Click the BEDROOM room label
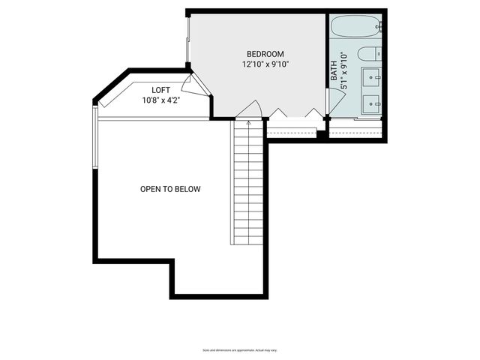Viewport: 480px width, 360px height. click(265, 54)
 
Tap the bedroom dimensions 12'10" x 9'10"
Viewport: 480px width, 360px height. click(265, 64)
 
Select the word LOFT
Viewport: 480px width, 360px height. click(161, 90)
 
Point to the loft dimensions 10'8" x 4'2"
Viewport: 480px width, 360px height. click(161, 100)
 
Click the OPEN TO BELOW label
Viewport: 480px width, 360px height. click(170, 189)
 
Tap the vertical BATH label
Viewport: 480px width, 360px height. click(334, 71)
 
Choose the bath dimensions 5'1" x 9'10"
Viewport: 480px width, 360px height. click(344, 70)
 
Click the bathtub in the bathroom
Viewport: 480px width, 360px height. click(356, 28)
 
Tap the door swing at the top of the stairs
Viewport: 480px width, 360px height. click(250, 109)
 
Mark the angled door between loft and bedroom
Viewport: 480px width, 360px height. click(193, 84)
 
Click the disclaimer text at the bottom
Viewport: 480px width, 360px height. click(240, 350)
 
